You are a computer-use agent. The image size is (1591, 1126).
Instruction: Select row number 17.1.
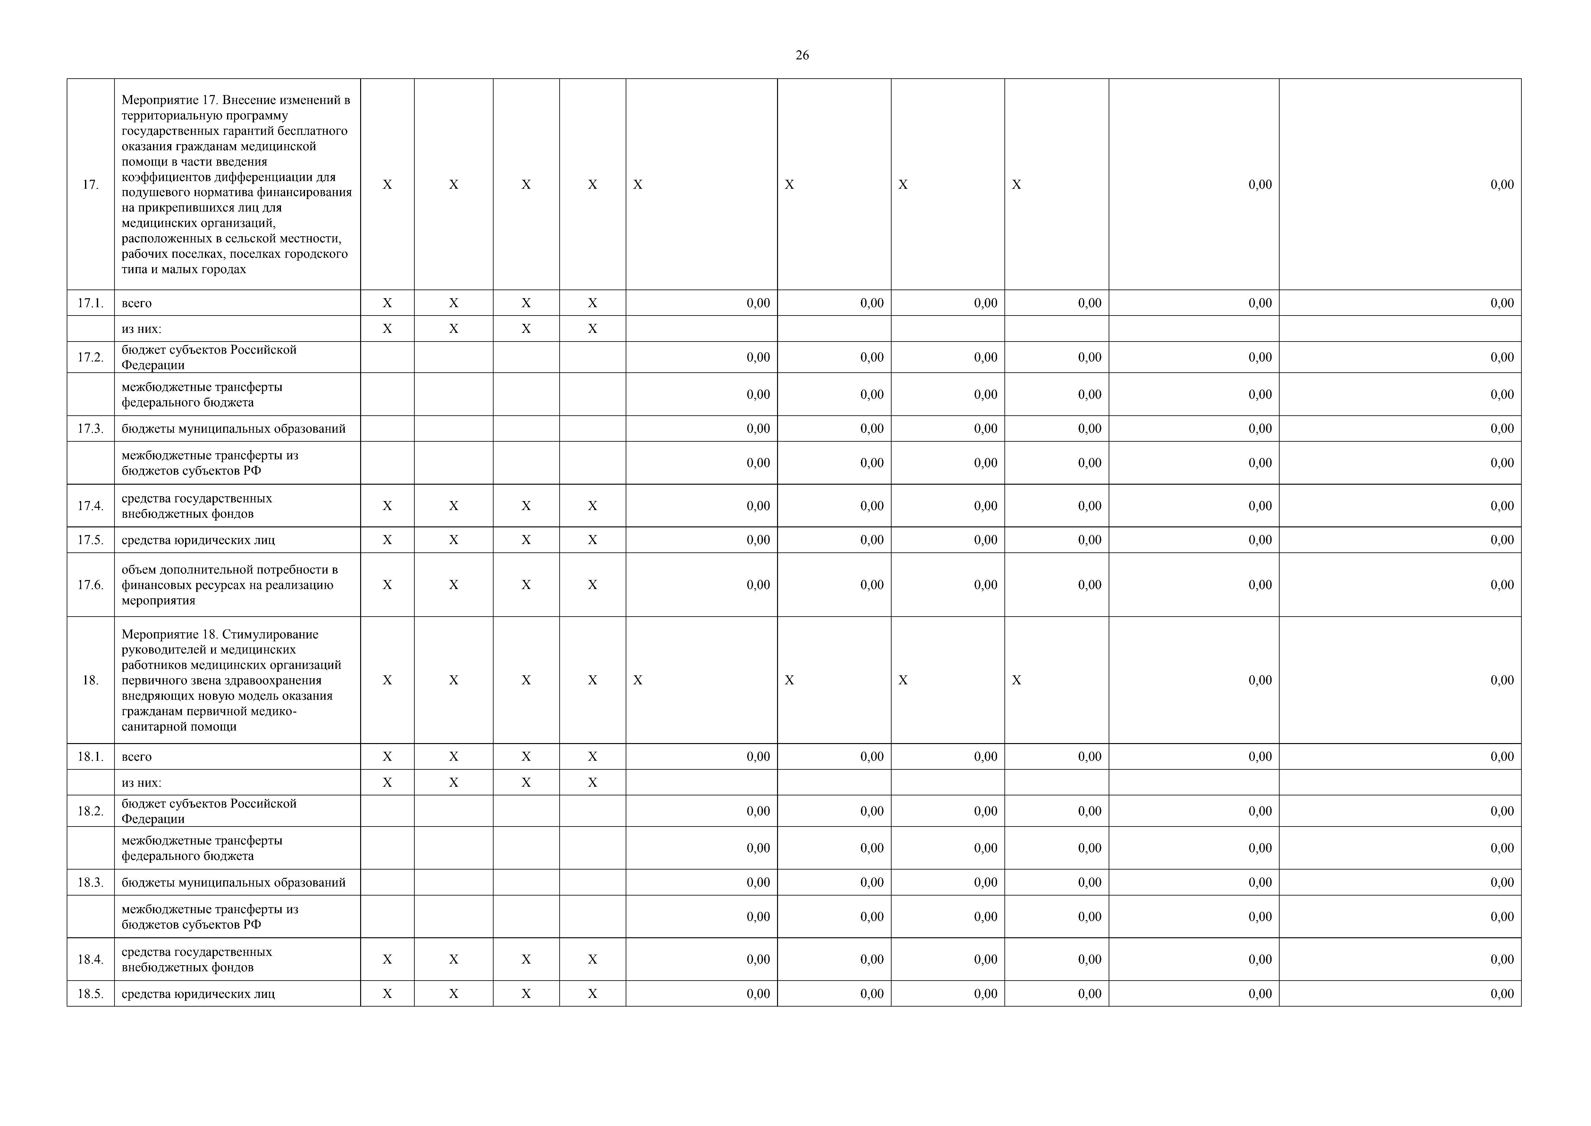click(x=90, y=303)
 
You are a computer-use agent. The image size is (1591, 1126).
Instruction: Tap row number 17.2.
click(x=90, y=357)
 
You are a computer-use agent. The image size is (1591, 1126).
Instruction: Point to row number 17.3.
click(x=90, y=429)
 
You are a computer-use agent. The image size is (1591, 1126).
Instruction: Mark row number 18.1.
click(x=90, y=757)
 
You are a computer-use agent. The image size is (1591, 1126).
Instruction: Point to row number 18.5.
click(x=90, y=993)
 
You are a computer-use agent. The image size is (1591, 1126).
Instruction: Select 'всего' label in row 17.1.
click(x=137, y=303)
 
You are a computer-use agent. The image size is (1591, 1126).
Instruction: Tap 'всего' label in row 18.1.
click(x=137, y=757)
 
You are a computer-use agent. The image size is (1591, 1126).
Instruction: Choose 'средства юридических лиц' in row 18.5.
click(x=198, y=993)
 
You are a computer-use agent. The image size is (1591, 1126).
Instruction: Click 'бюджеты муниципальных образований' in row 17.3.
click(x=233, y=429)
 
